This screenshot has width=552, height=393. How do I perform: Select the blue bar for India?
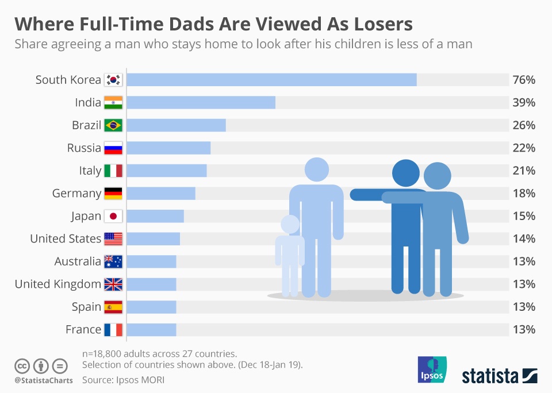(x=201, y=102)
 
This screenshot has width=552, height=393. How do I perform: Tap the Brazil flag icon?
(x=113, y=125)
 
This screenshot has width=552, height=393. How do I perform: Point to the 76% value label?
(x=523, y=80)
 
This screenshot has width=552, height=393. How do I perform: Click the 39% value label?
(x=523, y=102)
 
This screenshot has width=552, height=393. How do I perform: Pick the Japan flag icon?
(x=113, y=216)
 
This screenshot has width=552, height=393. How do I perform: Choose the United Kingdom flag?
(x=113, y=284)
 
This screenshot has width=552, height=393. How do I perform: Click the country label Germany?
(x=76, y=194)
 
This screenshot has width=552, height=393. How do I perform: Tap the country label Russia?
(x=84, y=148)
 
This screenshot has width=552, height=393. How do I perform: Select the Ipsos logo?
(x=432, y=369)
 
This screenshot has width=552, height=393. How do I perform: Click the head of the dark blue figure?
(x=406, y=172)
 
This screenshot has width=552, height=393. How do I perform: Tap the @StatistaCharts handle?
(x=44, y=380)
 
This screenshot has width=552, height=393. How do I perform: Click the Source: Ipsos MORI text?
(x=127, y=380)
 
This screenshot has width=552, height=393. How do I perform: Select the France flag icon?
(x=113, y=329)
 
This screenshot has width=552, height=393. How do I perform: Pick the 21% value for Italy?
(x=523, y=171)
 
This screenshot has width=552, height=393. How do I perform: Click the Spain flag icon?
(x=113, y=307)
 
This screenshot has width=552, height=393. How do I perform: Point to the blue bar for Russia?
(x=168, y=148)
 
